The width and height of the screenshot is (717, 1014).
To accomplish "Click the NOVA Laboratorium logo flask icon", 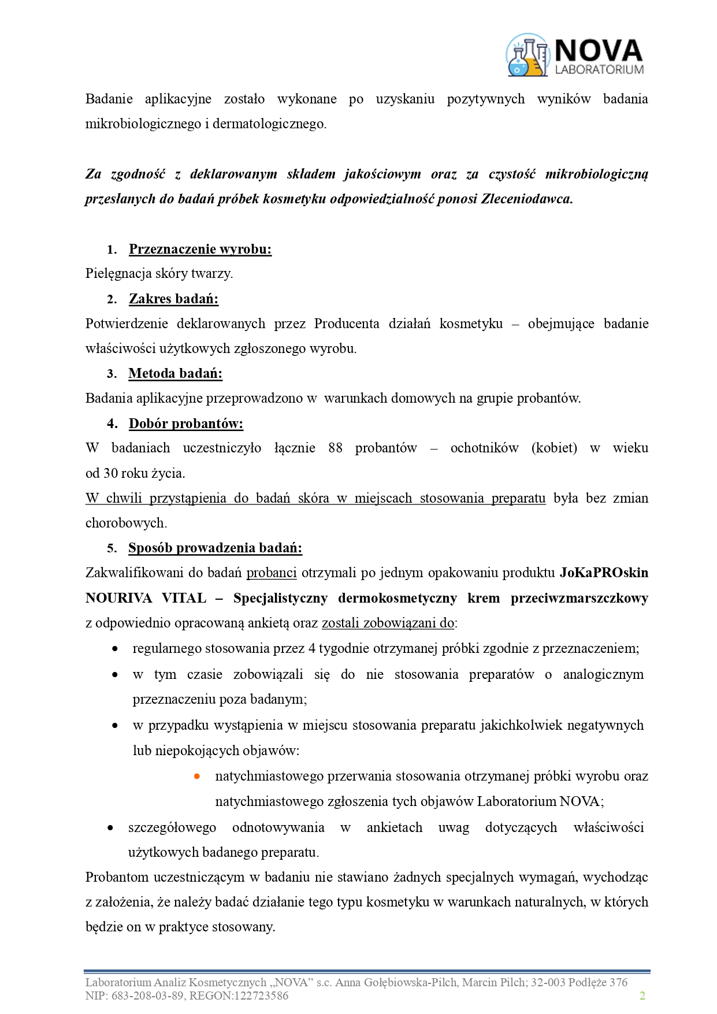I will pos(527,55).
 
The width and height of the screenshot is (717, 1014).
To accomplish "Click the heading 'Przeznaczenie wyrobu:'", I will pos(200,249).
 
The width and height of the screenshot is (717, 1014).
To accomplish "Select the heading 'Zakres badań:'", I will pos(173,299).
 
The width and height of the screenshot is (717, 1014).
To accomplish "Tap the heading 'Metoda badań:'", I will pos(175,373).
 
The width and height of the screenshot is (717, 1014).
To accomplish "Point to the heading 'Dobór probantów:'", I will pos(185,424).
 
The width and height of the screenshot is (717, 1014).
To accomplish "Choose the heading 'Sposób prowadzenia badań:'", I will pos(215,548).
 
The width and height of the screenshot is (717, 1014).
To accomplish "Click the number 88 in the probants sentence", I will pos(335,448).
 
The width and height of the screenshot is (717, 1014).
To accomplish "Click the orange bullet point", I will pos(197,776).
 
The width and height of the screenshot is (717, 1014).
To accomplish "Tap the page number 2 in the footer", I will pos(642,996).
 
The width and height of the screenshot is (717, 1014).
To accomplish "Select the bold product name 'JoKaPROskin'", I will pos(604,573).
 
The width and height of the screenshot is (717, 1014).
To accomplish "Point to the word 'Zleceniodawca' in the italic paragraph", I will pos(526,199).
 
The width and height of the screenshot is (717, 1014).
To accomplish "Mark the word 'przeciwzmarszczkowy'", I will pos(579,598).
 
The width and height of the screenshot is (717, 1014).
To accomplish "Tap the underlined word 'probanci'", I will pos(272,573).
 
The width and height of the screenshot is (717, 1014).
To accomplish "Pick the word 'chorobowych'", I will pos(126,523).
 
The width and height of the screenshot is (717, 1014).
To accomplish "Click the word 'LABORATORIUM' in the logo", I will pos(599,69).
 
